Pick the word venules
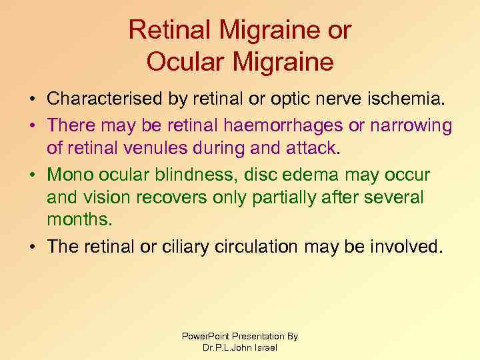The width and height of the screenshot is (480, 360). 167,149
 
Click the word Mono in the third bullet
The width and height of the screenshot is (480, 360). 69,174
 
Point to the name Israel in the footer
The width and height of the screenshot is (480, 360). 265,347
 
